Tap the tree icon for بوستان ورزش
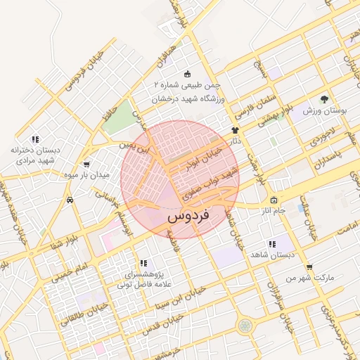(324, 99)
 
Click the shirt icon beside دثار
(235, 130)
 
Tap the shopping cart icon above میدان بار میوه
(86, 164)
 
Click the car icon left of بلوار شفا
(70, 200)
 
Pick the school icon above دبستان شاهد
(271, 244)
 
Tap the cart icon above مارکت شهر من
(309, 267)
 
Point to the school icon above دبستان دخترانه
(35, 139)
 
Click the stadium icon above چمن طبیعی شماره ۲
(187, 74)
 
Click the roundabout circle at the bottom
(244, 326)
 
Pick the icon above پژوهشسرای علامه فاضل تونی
(143, 263)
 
